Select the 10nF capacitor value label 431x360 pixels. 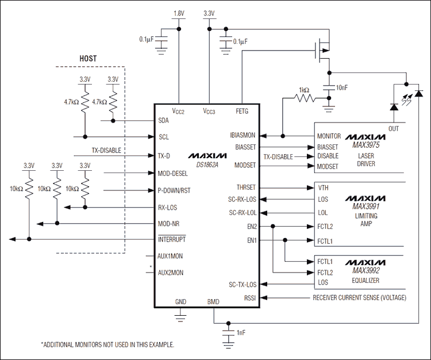pyautogui.click(x=342, y=87)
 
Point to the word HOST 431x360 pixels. pyautogui.click(x=87, y=59)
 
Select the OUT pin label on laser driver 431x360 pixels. pyautogui.click(x=393, y=129)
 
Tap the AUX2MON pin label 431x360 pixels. pyautogui.click(x=172, y=273)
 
